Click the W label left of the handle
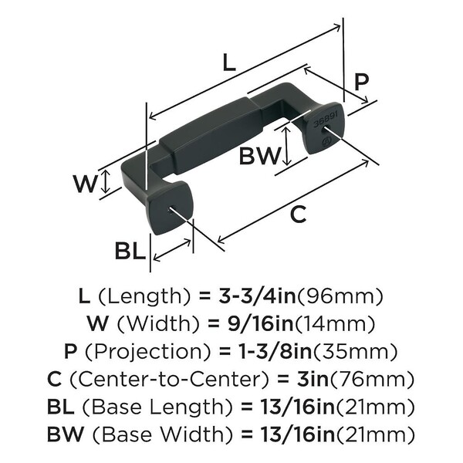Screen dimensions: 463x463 coord(86,184)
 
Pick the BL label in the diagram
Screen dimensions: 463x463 coord(129,252)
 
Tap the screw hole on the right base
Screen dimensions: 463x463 coord(329,142)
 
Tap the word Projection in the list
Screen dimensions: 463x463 coord(147,352)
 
